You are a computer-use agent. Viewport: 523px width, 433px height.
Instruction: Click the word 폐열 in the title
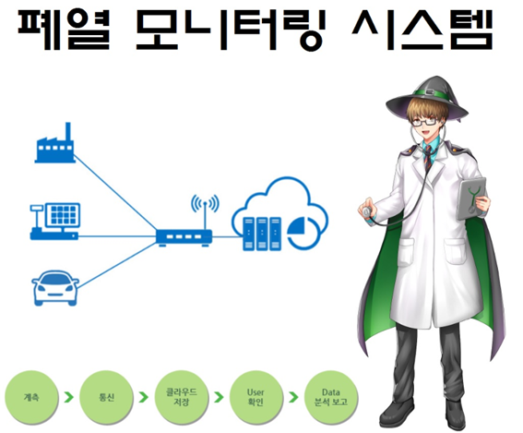coord(64,30)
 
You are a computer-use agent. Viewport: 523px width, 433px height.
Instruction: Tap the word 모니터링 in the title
coord(231,30)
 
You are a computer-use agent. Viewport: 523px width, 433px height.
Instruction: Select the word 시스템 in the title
coord(422,30)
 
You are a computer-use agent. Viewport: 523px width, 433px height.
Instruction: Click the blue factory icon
coord(54,143)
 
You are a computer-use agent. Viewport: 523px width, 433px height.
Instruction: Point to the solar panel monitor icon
coord(55,222)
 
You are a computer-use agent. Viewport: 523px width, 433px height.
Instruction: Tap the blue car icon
coord(55,288)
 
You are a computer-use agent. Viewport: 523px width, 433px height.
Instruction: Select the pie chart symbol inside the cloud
coord(303,232)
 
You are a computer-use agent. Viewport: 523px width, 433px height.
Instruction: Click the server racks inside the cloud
coord(262,234)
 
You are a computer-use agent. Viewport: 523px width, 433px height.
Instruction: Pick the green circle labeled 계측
coord(31,397)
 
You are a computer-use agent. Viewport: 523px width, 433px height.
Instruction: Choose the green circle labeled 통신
coord(106,397)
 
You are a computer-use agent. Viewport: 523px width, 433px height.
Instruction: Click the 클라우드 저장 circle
coord(182,397)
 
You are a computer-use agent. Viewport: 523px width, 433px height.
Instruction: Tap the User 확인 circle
coord(256,397)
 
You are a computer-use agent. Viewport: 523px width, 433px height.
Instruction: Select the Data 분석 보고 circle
coord(331,397)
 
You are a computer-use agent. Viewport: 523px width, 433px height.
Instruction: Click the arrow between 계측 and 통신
coord(69,397)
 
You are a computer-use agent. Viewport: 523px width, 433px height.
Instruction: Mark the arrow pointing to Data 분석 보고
coord(294,397)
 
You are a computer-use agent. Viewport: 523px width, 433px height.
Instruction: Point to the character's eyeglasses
coord(424,121)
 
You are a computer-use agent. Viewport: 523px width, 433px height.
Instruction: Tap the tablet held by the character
coord(471,198)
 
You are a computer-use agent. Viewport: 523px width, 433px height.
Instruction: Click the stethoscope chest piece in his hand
coord(366,211)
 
